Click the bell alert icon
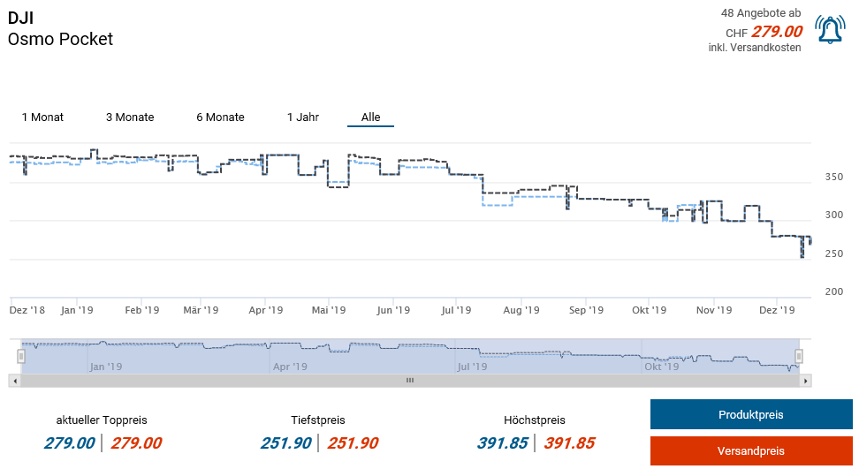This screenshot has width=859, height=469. [830, 31]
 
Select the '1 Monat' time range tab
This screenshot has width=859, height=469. [42, 117]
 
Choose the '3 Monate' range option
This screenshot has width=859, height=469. [130, 117]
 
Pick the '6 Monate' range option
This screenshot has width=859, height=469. [220, 117]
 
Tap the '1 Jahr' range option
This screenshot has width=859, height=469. [303, 117]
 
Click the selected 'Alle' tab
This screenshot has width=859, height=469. [370, 117]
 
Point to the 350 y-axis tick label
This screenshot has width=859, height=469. [833, 178]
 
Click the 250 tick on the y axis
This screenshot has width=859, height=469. [833, 254]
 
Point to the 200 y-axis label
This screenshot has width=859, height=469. [833, 292]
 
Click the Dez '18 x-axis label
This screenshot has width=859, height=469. [27, 311]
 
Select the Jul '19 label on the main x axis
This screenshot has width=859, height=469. [456, 311]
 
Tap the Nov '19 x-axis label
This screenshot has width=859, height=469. [713, 311]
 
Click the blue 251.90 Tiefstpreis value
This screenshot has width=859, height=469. [285, 443]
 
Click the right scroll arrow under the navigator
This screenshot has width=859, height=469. [805, 381]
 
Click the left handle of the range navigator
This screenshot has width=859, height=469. [21, 356]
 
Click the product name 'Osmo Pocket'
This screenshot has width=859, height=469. [60, 39]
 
